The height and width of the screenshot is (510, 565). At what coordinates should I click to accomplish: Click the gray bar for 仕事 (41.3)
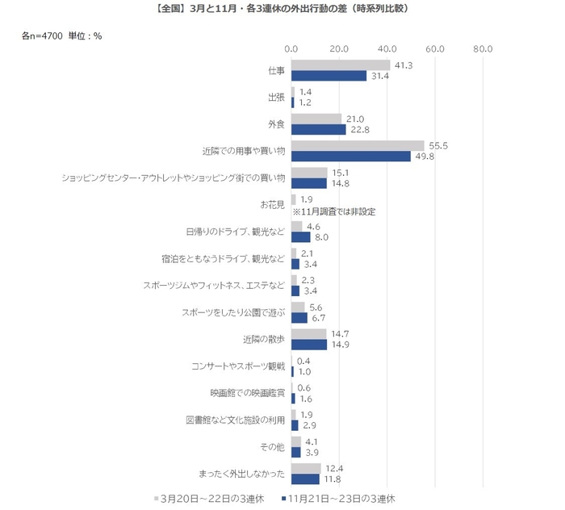click(x=340, y=65)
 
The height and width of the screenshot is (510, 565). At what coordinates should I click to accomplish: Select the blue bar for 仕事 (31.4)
click(x=329, y=76)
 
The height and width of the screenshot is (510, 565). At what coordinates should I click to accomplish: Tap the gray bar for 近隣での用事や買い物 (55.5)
click(x=358, y=145)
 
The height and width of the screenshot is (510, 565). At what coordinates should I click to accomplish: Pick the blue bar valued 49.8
click(x=350, y=156)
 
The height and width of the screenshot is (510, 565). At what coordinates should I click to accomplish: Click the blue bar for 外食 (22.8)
click(x=318, y=129)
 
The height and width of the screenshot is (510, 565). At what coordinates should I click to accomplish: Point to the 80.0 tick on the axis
click(x=483, y=49)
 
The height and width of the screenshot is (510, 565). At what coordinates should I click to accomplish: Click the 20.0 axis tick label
click(x=339, y=49)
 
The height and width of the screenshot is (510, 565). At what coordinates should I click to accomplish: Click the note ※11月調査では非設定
click(x=340, y=211)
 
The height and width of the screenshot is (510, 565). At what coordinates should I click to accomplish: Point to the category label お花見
click(x=271, y=205)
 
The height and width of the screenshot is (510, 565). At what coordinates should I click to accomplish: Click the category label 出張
click(x=276, y=98)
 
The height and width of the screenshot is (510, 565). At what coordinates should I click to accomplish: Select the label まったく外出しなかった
click(x=241, y=473)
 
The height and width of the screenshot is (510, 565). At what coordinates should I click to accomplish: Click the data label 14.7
click(x=337, y=333)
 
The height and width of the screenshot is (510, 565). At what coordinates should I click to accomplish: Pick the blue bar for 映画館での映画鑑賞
click(x=293, y=398)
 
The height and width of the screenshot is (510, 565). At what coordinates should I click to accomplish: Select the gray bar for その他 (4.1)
click(x=295, y=441)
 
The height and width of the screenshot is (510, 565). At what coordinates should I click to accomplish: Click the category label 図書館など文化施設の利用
click(x=236, y=420)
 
